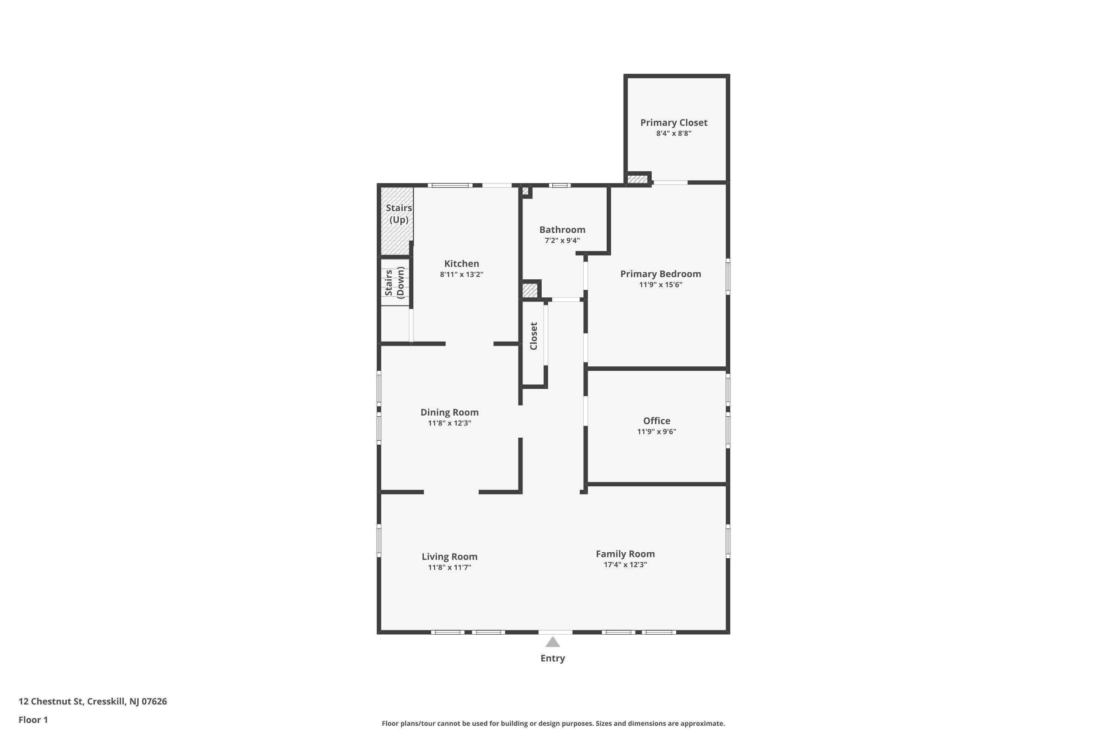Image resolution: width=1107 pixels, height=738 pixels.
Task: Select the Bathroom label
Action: click(562, 230)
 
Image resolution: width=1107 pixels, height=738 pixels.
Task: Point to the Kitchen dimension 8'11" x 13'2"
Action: click(461, 275)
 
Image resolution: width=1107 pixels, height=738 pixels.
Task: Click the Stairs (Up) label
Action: click(399, 214)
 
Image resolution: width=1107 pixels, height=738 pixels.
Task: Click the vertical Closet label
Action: click(533, 336)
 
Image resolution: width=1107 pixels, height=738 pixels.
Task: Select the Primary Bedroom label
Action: click(661, 274)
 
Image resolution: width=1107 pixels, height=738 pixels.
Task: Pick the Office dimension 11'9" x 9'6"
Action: click(656, 432)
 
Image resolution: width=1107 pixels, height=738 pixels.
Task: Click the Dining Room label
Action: click(449, 412)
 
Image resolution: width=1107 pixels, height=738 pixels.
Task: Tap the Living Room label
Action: click(449, 557)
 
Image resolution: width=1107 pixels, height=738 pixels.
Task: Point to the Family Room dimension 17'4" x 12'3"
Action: click(625, 565)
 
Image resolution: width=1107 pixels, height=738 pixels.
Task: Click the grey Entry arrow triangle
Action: click(552, 642)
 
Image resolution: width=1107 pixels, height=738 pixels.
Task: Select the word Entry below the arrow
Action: click(552, 658)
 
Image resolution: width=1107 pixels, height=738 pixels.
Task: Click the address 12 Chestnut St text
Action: click(92, 701)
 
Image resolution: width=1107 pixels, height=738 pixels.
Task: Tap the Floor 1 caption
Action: click(33, 720)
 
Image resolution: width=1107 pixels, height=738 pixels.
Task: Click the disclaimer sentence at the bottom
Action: click(553, 723)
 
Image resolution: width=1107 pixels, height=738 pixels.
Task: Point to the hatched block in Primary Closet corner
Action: click(637, 179)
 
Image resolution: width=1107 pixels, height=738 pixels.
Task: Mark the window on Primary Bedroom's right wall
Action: click(728, 276)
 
